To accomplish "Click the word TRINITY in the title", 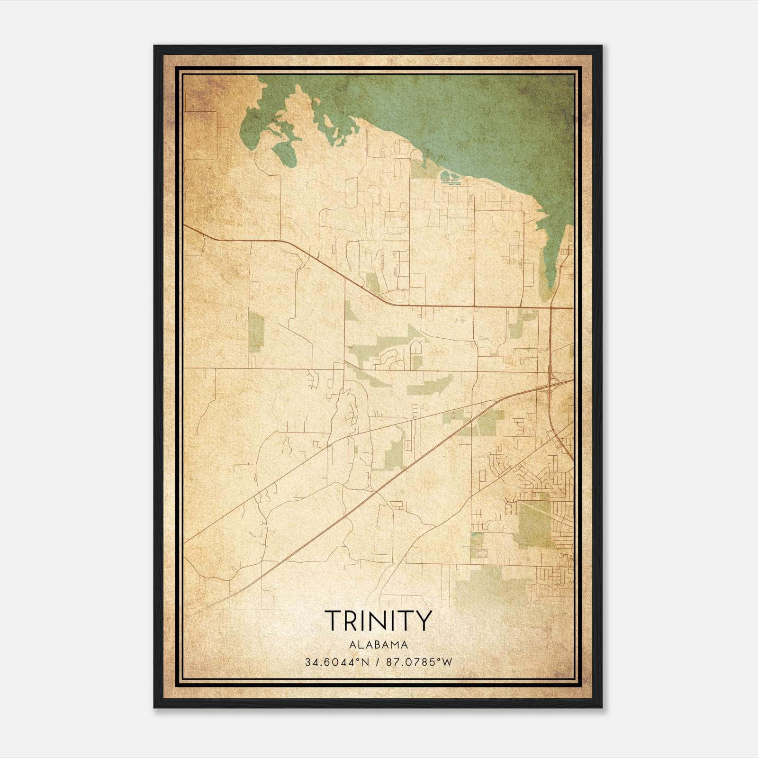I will click(378, 621).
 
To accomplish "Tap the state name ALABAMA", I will click(378, 645).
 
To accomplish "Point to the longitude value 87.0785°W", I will click(419, 662).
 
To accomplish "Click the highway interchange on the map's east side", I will click(552, 381).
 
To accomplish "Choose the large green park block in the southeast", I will click(534, 523).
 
